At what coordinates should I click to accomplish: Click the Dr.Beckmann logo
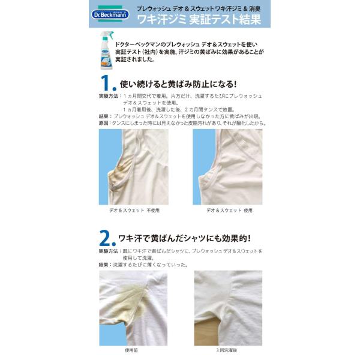pyautogui.click(x=110, y=14)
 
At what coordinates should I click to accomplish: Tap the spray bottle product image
pyautogui.click(x=107, y=50)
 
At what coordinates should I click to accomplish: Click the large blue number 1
pyautogui.click(x=108, y=83)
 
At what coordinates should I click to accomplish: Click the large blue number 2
pyautogui.click(x=107, y=238)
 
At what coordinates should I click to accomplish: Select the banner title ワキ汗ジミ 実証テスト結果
pyautogui.click(x=199, y=19)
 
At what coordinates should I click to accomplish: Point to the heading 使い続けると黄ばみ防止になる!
pyautogui.click(x=178, y=84)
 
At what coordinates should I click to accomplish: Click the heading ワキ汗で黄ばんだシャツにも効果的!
pyautogui.click(x=184, y=239)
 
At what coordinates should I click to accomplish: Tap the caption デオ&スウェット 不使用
pyautogui.click(x=134, y=211)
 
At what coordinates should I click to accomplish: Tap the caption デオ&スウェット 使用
pyautogui.click(x=229, y=211)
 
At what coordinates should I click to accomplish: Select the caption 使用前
pyautogui.click(x=131, y=350)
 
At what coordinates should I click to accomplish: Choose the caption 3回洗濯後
pyautogui.click(x=227, y=350)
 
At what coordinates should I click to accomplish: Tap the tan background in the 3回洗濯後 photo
pyautogui.click(x=206, y=332)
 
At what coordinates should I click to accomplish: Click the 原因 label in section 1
pyautogui.click(x=103, y=123)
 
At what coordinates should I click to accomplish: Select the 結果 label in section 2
pyautogui.click(x=103, y=265)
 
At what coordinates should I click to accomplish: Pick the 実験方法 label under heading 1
pyautogui.click(x=109, y=96)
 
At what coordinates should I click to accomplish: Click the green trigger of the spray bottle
pyautogui.click(x=110, y=34)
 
